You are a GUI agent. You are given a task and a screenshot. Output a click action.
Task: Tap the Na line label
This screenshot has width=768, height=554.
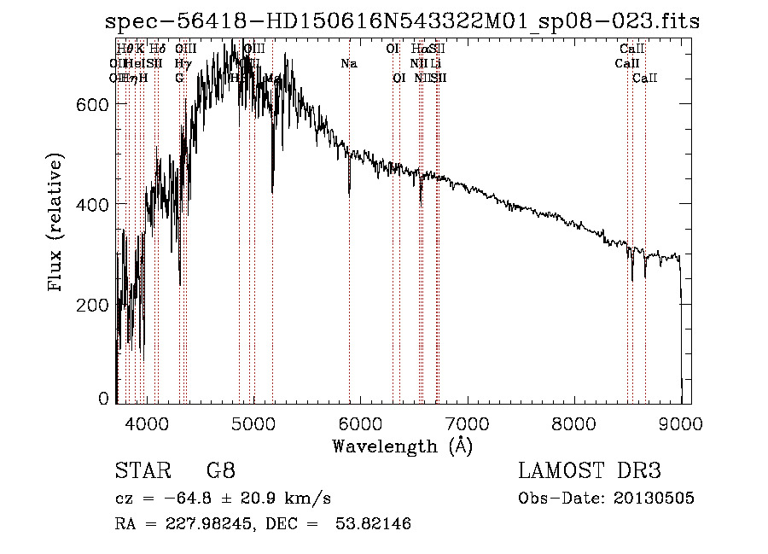(349, 64)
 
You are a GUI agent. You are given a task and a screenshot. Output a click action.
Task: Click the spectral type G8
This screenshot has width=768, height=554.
(221, 470)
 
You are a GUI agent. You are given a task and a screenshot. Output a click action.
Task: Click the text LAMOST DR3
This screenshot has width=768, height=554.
(590, 470)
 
